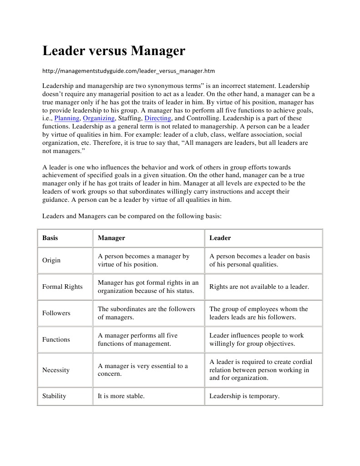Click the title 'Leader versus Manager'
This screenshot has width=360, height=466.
[x=114, y=51]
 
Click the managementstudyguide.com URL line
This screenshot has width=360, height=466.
[x=128, y=71]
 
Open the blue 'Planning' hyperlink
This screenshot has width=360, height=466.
[x=67, y=118]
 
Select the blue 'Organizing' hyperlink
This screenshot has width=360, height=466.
[x=99, y=118]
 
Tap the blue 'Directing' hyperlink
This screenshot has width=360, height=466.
[x=157, y=118]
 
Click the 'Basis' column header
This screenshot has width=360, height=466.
[x=50, y=238]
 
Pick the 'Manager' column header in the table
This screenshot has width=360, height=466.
[x=112, y=238]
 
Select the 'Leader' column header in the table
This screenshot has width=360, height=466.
[x=220, y=238]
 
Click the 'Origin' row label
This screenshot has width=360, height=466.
[x=51, y=260]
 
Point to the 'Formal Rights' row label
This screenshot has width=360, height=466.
[x=62, y=287]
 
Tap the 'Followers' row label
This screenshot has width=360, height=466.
[x=56, y=313]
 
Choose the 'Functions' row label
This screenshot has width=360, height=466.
[x=56, y=339]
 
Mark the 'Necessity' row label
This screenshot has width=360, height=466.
[x=56, y=370]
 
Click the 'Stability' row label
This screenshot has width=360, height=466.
[x=54, y=396]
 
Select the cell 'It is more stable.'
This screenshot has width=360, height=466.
[x=121, y=396]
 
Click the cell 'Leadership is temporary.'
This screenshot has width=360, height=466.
[x=244, y=396]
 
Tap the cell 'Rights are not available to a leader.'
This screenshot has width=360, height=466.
[x=259, y=287]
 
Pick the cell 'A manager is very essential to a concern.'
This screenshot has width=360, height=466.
[x=142, y=370]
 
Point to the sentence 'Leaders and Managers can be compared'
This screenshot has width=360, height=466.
[x=132, y=216]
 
